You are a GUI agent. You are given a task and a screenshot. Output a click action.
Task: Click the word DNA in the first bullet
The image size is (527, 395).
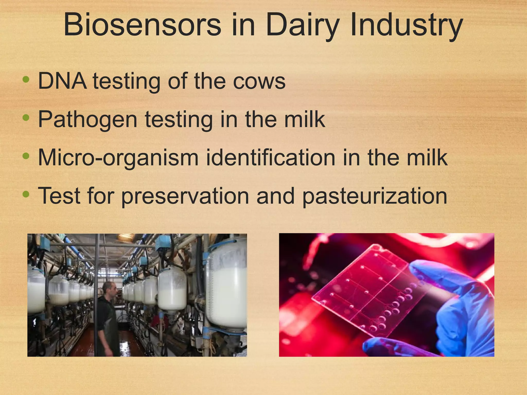click(x=63, y=81)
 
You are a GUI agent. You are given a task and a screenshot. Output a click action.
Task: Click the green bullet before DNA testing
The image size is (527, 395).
click(x=26, y=79)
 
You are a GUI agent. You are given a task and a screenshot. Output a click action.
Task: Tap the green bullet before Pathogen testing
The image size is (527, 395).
click(x=26, y=118)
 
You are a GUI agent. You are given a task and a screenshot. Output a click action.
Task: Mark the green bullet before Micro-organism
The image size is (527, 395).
click(x=26, y=156)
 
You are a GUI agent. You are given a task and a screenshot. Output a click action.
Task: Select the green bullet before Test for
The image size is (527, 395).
click(x=26, y=194)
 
